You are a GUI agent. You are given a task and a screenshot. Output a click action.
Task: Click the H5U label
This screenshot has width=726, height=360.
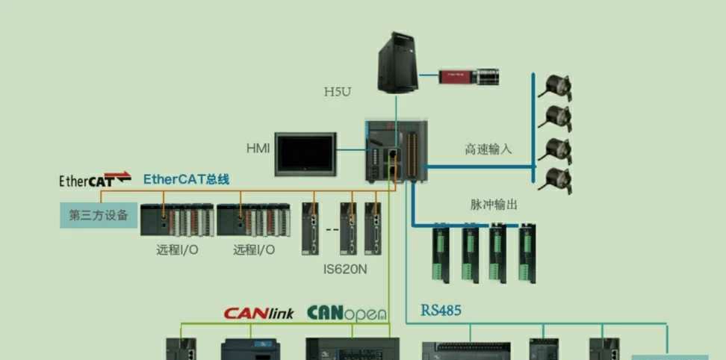pos(338,93)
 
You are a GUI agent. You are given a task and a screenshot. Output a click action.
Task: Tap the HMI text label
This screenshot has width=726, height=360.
pos(258,148)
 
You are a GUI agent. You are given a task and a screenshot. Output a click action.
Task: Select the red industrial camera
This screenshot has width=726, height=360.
pos(469,75)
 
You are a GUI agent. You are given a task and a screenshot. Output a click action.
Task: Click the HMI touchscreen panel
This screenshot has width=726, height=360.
pos(307,155)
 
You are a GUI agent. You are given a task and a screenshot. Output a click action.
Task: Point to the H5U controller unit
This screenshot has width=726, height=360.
pos(396,151)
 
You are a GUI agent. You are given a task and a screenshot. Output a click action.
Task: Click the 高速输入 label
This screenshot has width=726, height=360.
pos(488,149)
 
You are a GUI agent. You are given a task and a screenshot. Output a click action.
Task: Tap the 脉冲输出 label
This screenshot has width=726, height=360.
pos(494,204)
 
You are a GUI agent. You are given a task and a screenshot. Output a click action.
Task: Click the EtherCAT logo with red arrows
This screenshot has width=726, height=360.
pos(95,179)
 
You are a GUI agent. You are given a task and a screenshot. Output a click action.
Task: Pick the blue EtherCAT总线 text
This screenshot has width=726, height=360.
pos(186,179)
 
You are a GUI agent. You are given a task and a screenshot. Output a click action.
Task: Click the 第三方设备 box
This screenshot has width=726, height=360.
pos(99,216)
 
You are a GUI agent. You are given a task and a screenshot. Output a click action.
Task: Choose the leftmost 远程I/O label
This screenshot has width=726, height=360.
pos(177,249)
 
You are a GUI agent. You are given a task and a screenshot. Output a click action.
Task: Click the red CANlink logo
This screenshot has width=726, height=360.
pos(259,313)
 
